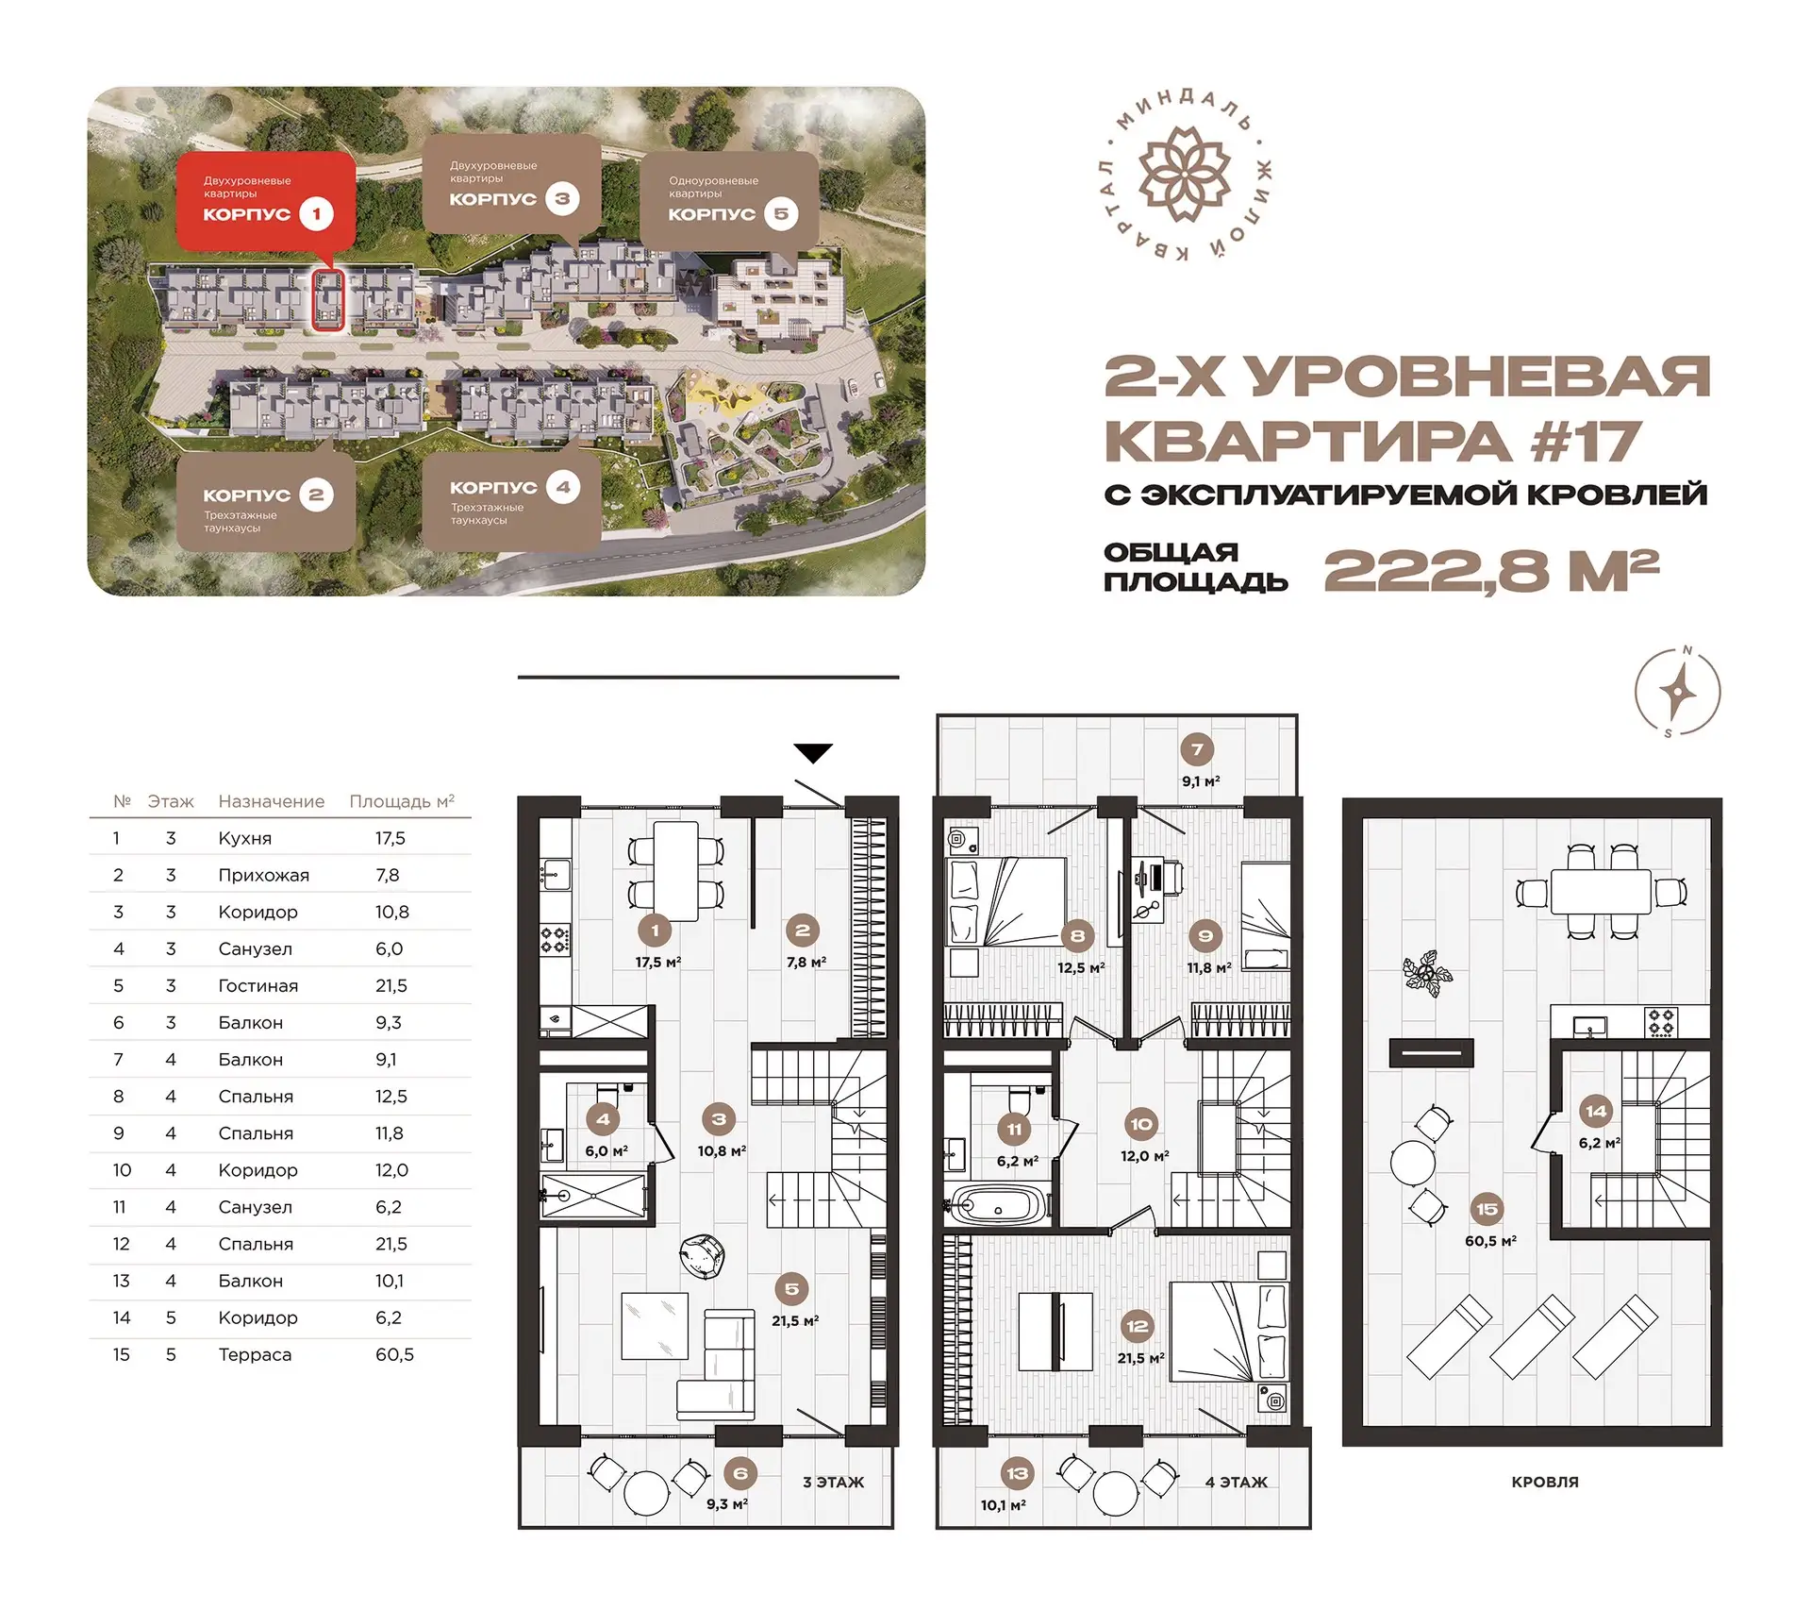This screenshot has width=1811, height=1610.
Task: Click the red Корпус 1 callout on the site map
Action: pos(265,201)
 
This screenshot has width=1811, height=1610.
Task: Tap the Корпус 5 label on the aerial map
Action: pos(729,200)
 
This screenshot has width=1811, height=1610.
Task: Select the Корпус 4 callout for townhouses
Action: pos(510,501)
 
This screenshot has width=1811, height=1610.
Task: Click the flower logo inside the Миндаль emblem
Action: pos(1185,175)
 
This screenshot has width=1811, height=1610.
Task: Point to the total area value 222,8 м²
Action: pos(1491,570)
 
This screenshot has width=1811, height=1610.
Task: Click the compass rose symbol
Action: pos(1677,692)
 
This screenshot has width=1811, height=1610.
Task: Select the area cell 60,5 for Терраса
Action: pos(394,1354)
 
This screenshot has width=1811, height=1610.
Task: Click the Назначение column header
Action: pos(271,801)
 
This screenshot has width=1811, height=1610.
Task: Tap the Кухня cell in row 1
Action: pos(244,838)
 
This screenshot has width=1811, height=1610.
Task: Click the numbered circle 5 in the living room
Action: pos(791,1289)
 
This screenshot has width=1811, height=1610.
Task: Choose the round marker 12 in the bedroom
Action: pos(1137,1326)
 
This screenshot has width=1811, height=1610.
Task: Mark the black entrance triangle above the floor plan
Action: pos(813,752)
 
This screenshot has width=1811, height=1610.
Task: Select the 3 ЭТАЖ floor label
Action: pos(833,1482)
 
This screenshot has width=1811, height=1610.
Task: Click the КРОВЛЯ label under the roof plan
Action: pos(1544,1482)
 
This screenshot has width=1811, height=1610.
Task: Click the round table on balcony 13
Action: pos(1116,1494)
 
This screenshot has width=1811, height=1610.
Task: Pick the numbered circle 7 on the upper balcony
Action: pos(1197,750)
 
